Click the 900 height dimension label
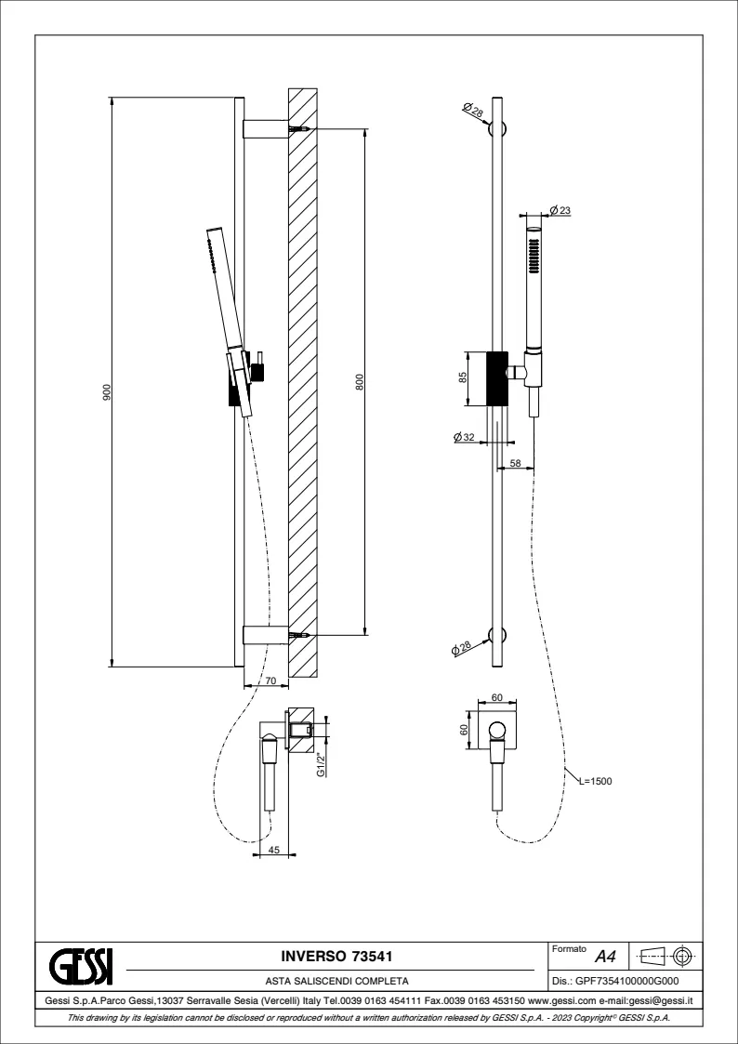tap(107, 394)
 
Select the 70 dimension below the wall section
tap(270, 682)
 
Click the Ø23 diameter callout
tap(560, 210)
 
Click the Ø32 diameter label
tap(464, 436)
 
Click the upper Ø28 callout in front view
tap(473, 111)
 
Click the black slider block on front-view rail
tap(497, 377)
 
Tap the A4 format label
tap(605, 956)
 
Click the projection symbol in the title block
tap(667, 955)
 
